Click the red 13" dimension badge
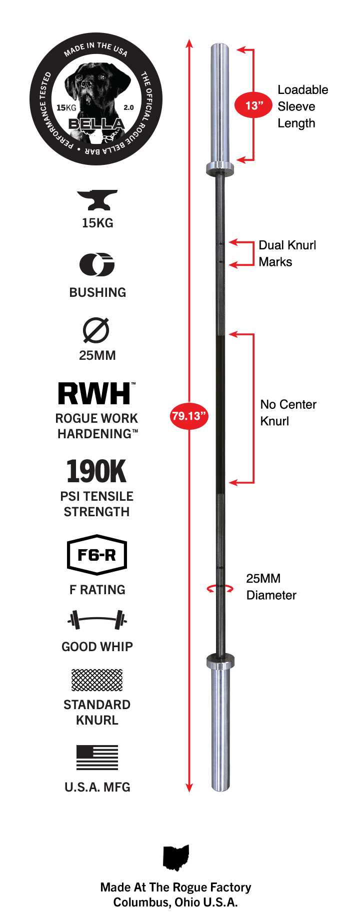pos(253,105)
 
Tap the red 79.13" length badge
pos(189,416)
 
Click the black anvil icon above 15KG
pos(97,200)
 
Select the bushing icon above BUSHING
pos(97,264)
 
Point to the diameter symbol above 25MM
pos(96,330)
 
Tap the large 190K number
pos(96,472)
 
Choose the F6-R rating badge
pos(97,555)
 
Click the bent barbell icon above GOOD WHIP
pos(97,620)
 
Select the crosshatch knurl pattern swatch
pos(97,680)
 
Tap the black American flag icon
pos(97,758)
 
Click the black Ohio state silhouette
pos(176,858)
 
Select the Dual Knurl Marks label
pos(287,253)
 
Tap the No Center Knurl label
pos(288,412)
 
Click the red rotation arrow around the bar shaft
pos(220,588)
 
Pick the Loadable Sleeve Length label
pos(303,106)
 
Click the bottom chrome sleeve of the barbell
pos(220,730)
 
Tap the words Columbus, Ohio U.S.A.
pos(175,903)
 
